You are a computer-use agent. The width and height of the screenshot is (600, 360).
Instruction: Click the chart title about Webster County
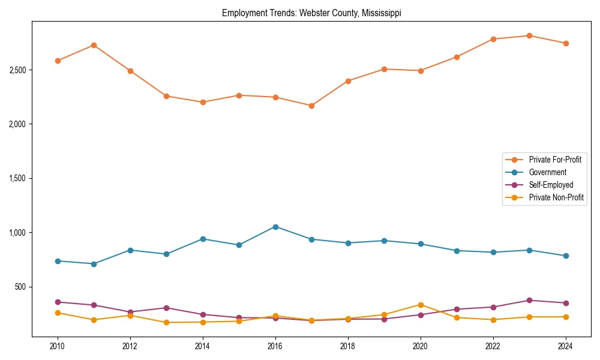click(x=311, y=13)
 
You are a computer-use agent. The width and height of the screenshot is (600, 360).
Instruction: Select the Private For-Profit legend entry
click(x=555, y=160)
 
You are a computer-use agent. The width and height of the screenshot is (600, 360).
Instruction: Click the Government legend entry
click(x=547, y=172)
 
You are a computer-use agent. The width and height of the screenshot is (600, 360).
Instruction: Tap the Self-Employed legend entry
click(x=551, y=185)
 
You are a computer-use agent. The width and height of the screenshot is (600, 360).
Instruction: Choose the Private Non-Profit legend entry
click(x=556, y=197)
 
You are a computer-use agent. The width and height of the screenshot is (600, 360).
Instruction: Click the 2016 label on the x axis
click(x=275, y=346)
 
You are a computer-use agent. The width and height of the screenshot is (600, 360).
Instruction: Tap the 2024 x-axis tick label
click(x=565, y=346)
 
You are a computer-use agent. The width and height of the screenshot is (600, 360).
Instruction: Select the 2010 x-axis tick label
click(x=58, y=346)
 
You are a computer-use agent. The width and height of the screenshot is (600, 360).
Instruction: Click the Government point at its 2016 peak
click(x=275, y=227)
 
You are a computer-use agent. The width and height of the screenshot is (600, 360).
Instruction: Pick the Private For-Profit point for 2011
click(x=94, y=45)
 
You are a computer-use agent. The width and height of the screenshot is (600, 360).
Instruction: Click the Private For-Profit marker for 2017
click(x=311, y=106)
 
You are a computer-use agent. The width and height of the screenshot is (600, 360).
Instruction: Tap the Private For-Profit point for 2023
click(x=529, y=35)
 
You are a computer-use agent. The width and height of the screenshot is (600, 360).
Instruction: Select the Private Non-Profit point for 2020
click(x=421, y=305)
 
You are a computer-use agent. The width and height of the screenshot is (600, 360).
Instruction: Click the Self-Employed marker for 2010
click(x=58, y=302)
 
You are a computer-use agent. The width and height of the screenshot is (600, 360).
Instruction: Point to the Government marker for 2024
click(x=565, y=256)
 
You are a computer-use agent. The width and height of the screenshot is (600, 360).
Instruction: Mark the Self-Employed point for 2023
click(x=529, y=300)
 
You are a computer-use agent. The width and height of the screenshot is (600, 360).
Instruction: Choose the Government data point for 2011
click(x=94, y=264)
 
